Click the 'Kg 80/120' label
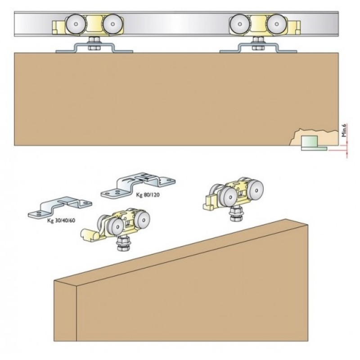(x=148, y=195)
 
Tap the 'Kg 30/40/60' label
(x=61, y=220)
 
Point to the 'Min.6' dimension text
(x=344, y=130)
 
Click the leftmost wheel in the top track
(x=76, y=24)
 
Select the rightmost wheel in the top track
(x=276, y=24)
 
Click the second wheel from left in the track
(x=112, y=24)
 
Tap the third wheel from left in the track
(x=240, y=24)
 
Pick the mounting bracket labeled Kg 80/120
(x=138, y=185)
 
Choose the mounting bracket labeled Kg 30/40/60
(x=60, y=207)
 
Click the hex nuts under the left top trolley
(x=94, y=44)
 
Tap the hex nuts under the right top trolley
(x=258, y=44)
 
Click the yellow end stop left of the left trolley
(x=59, y=27)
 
